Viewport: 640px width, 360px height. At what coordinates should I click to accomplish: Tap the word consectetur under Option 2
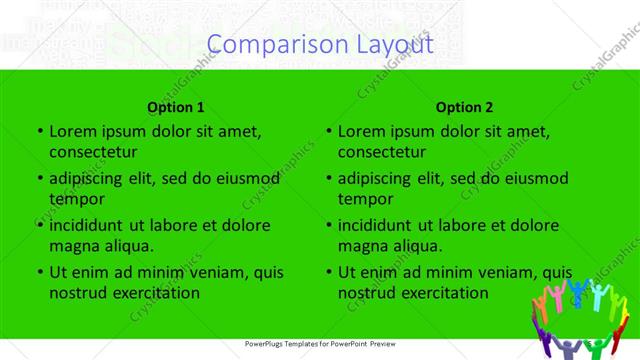pos(382,152)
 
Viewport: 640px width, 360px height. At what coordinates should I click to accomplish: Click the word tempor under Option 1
pos(74,199)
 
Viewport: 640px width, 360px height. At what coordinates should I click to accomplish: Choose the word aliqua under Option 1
pos(125,246)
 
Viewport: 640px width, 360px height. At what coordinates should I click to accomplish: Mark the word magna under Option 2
pos(362,246)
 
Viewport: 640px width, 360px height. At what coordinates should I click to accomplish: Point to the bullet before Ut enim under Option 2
pos(327,272)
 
